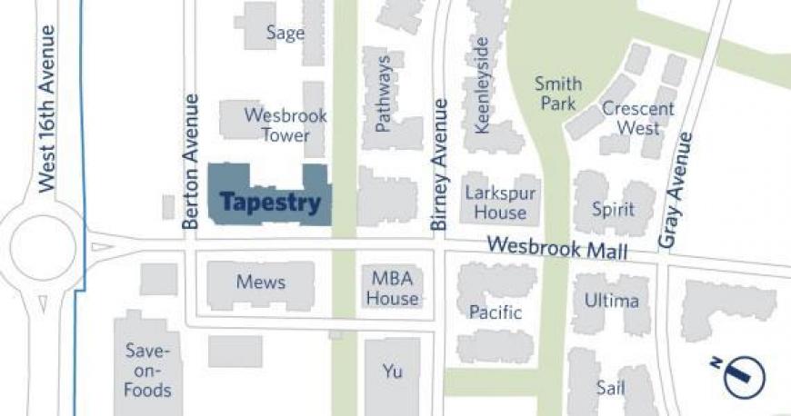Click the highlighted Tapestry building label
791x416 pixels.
pyautogui.click(x=271, y=203)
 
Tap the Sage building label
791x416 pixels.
pyautogui.click(x=285, y=33)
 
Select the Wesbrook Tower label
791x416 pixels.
pyautogui.click(x=285, y=125)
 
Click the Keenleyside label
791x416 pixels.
pyautogui.click(x=482, y=85)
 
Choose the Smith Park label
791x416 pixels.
pyautogui.click(x=557, y=94)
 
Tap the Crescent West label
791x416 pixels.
pyautogui.click(x=638, y=118)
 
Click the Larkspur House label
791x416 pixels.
pyautogui.click(x=500, y=203)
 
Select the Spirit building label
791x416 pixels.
pyautogui.click(x=613, y=209)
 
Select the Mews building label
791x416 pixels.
pyautogui.click(x=261, y=282)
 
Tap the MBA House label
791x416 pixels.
pyautogui.click(x=393, y=288)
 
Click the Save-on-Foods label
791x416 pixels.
pyautogui.click(x=148, y=371)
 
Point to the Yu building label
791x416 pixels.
pyautogui.click(x=392, y=371)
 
